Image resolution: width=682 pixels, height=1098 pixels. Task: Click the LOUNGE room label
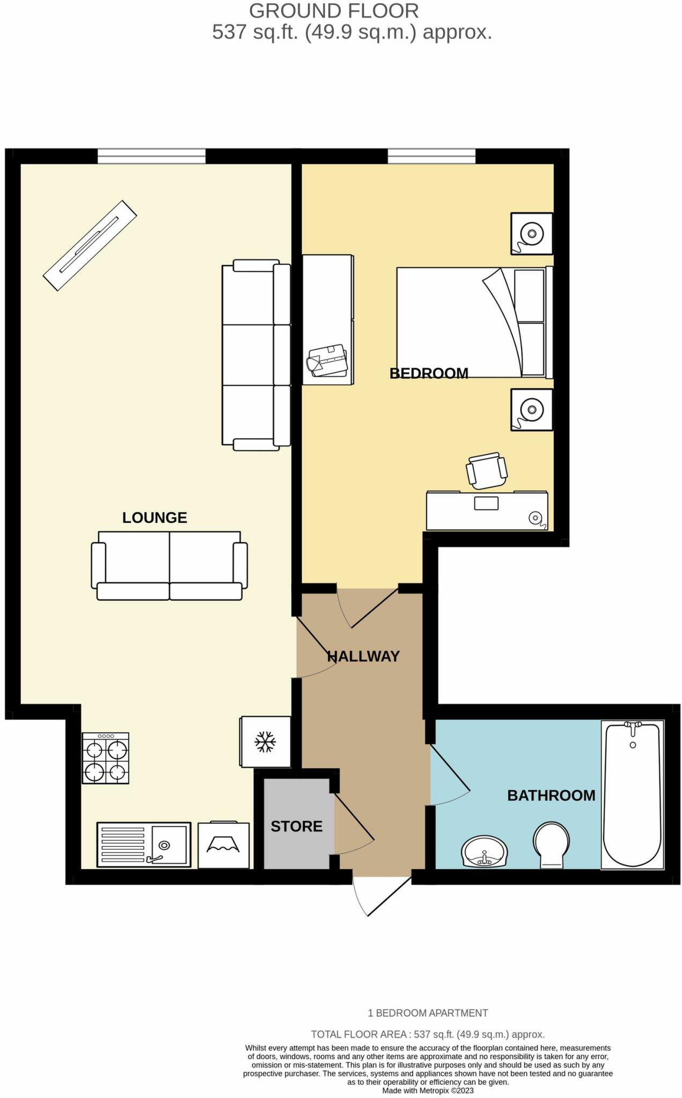tap(155, 517)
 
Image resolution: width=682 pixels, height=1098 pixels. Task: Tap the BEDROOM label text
tap(429, 373)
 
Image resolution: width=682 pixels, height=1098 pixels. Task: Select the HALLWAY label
tap(363, 656)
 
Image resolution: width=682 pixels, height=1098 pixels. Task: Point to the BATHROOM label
tap(551, 795)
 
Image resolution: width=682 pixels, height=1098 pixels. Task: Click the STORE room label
tap(296, 826)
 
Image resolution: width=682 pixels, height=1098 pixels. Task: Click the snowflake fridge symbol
tap(265, 742)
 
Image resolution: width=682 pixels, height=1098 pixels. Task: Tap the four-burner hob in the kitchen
tap(105, 758)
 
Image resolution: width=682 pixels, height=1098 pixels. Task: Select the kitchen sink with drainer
tap(143, 844)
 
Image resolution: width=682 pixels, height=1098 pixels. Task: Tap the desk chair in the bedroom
tap(487, 471)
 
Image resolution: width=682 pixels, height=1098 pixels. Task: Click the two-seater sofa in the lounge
tap(169, 566)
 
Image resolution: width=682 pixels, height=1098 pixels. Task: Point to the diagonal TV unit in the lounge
tap(90, 245)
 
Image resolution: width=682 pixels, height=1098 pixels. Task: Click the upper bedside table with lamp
tap(531, 234)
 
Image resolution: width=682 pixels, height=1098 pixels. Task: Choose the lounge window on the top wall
tap(151, 156)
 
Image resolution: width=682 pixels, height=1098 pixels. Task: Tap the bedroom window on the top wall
tap(431, 156)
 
